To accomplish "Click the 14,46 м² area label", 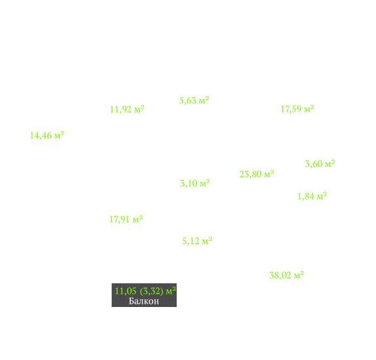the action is (x=47, y=135).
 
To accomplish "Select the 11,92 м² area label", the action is (x=127, y=109).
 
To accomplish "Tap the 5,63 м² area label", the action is (x=194, y=100).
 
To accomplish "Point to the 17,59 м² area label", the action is (x=298, y=109).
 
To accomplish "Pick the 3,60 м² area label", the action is (x=320, y=164).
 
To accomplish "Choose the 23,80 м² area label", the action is (x=257, y=174).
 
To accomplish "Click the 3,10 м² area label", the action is (x=195, y=183).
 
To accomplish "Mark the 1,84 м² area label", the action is (x=312, y=196).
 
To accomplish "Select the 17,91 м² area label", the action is (x=126, y=219).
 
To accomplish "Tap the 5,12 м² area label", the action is (x=197, y=241).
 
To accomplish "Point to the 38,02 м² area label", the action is (x=287, y=275).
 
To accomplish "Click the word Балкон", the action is (x=144, y=301).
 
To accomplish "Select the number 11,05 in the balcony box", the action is (x=126, y=291).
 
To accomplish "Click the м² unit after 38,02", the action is (x=299, y=274).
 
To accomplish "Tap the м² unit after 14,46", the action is (x=60, y=135).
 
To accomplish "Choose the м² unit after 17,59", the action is (x=309, y=108).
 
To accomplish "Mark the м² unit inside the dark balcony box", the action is (x=171, y=291).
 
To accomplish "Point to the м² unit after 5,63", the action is (x=204, y=100).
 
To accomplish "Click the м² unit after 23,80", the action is (x=269, y=173).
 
